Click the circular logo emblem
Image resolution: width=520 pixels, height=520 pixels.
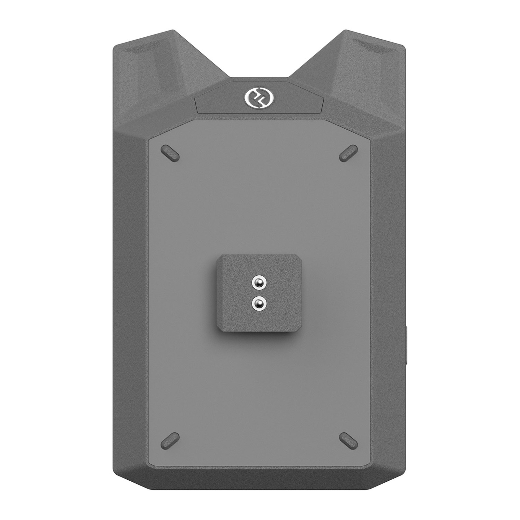(x=259, y=97)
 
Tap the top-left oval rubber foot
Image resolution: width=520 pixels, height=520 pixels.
(x=170, y=153)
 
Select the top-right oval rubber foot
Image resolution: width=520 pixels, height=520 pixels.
(x=348, y=153)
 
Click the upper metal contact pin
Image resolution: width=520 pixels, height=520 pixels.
(x=259, y=282)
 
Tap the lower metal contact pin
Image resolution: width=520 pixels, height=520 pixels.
(x=259, y=304)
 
